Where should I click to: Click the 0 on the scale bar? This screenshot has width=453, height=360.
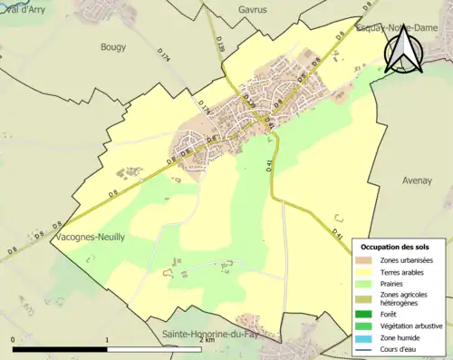click(x=13, y=340)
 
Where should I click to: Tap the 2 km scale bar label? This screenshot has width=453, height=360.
click(x=207, y=340)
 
